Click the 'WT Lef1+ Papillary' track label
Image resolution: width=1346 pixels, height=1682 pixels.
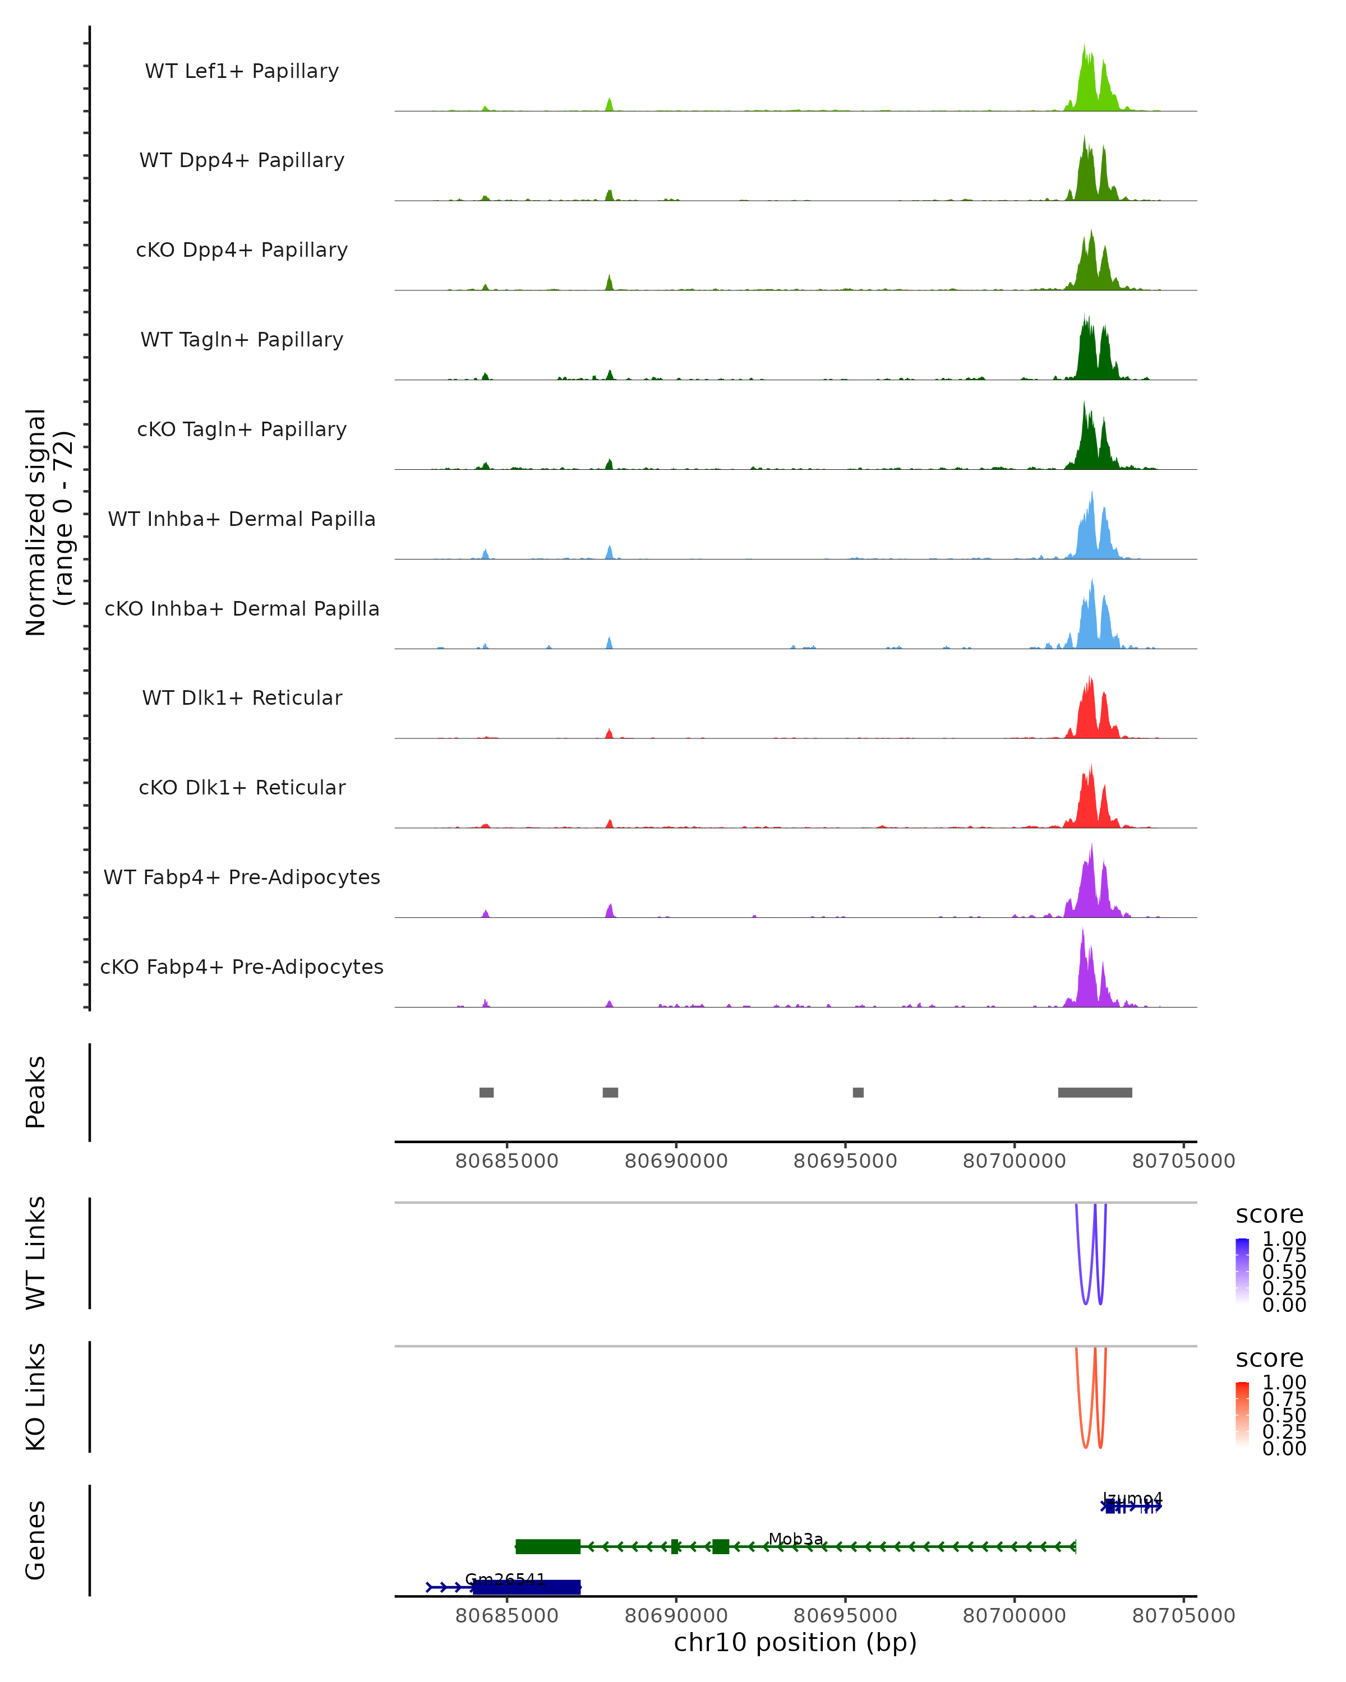[x=242, y=71]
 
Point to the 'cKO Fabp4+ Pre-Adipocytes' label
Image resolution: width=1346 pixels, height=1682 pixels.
[x=242, y=967]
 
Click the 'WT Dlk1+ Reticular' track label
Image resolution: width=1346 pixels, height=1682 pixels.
[x=242, y=697]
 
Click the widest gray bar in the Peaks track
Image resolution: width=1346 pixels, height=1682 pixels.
[x=1095, y=1092]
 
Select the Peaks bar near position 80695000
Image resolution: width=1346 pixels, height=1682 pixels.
[x=858, y=1092]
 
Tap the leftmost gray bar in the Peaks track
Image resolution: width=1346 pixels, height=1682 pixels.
[x=486, y=1092]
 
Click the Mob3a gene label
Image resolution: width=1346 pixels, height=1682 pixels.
[x=796, y=1539]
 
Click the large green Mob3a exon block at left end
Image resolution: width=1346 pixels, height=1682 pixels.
[x=548, y=1547]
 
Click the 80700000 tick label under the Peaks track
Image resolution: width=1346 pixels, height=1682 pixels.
[x=1015, y=1161]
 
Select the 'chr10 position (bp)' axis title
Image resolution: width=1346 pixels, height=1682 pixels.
[x=795, y=1643]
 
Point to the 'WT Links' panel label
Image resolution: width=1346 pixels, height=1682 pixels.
[x=36, y=1253]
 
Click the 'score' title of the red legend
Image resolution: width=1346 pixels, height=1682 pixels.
[x=1270, y=1358]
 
